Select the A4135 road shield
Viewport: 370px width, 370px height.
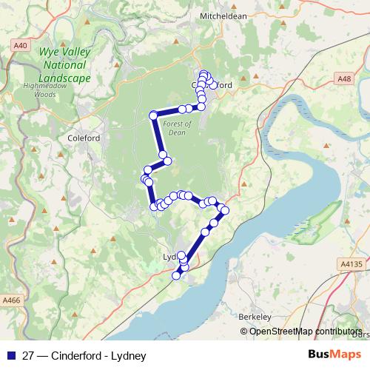352,263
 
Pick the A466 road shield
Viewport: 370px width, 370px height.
11,300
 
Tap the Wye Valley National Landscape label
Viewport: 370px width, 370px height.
66,66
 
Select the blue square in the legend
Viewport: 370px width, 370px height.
11,355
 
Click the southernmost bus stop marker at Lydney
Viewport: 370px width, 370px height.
177,275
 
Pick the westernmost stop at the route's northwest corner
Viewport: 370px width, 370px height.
153,115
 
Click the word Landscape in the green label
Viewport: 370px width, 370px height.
66,78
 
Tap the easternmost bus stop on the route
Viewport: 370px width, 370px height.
226,211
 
